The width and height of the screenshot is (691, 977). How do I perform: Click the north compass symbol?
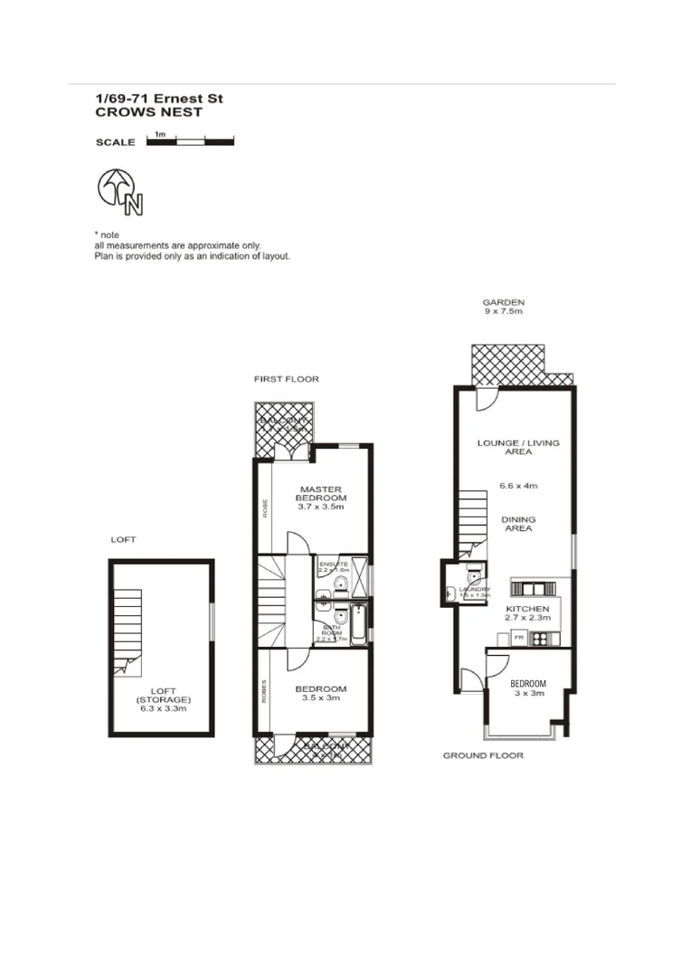pos(119,191)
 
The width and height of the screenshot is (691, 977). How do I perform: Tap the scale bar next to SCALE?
pos(190,141)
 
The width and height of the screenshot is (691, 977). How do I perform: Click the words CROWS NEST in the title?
pos(148,113)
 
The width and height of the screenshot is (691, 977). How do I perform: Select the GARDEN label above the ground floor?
pos(503,303)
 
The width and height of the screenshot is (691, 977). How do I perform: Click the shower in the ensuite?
pos(358,575)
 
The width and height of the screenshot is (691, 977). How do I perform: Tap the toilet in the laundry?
pos(473,575)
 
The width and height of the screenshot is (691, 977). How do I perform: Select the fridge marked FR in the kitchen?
pos(519,639)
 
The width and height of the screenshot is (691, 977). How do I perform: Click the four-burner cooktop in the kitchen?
pos(541,639)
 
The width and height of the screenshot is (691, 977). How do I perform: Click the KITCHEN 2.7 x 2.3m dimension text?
pos(527,614)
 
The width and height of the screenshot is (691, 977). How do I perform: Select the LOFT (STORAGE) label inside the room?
pos(163,699)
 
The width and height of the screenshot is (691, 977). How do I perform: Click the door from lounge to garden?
pos(487,398)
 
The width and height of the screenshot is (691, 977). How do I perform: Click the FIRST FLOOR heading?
pos(286,379)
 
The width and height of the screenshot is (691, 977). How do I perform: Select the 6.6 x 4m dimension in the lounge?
pos(518,486)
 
